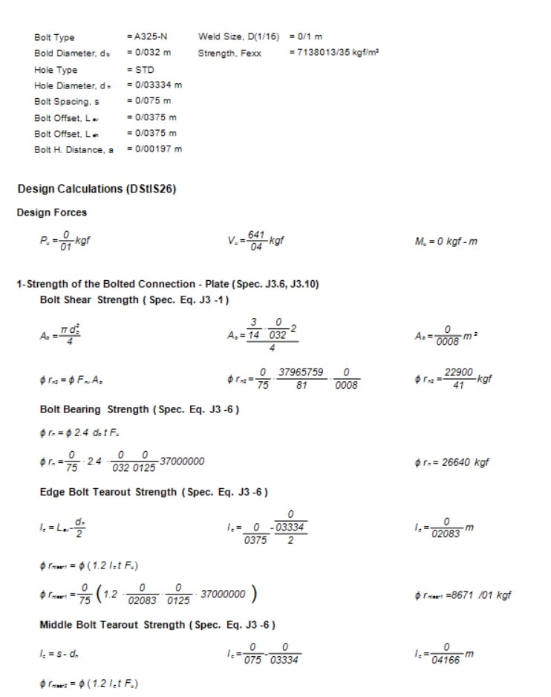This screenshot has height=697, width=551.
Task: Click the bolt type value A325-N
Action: (x=149, y=36)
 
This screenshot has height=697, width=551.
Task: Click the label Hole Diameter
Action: (x=68, y=85)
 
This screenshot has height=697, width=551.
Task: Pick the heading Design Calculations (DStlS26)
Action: (x=97, y=189)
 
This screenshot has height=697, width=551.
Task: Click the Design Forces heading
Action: (x=52, y=213)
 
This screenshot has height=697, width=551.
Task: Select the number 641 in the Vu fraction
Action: (x=256, y=235)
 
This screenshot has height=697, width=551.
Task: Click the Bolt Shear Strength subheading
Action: (x=134, y=299)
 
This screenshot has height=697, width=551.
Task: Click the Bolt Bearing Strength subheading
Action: (x=139, y=409)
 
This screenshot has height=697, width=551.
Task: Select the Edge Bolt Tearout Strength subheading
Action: (x=154, y=492)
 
